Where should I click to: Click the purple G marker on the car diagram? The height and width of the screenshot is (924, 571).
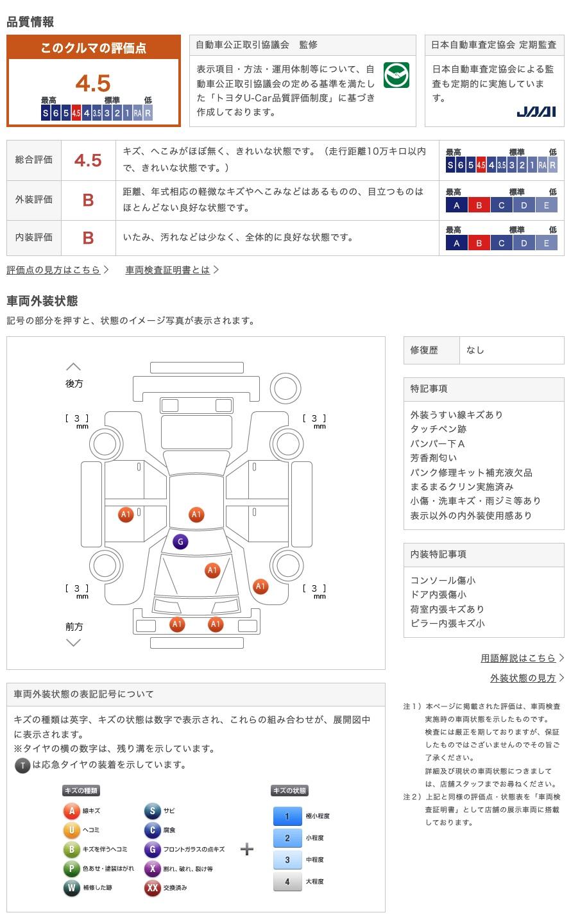click(x=180, y=542)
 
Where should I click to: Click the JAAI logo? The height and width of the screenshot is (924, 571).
click(x=536, y=112)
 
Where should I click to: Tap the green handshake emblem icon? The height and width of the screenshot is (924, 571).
click(x=396, y=76)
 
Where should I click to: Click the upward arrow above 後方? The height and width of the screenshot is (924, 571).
click(x=74, y=367)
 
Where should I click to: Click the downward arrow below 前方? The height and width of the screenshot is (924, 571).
click(x=74, y=642)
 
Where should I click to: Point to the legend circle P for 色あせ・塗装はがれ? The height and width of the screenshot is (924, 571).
click(x=71, y=869)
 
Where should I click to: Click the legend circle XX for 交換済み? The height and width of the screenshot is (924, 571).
click(x=152, y=888)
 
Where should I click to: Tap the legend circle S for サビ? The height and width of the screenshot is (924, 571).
click(x=152, y=811)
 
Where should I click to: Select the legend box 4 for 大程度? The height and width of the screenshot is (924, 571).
click(x=287, y=882)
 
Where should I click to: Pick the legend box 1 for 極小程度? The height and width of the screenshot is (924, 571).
click(x=287, y=816)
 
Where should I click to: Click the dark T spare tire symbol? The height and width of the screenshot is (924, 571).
click(x=22, y=765)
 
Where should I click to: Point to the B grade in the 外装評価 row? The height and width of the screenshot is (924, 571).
click(x=88, y=200)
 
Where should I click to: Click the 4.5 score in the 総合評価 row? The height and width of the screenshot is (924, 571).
click(x=88, y=160)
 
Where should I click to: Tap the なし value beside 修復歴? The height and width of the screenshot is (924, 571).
click(x=475, y=350)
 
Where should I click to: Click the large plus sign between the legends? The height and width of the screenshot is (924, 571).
click(x=247, y=850)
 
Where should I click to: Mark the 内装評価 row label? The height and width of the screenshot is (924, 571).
click(x=34, y=237)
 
